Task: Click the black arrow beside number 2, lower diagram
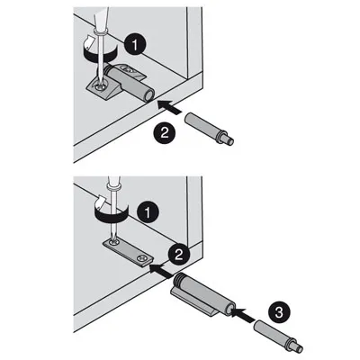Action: pyautogui.click(x=160, y=266)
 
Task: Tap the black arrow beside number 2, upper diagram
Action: pyautogui.click(x=168, y=107)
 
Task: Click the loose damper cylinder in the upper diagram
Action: pyautogui.click(x=202, y=124)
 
